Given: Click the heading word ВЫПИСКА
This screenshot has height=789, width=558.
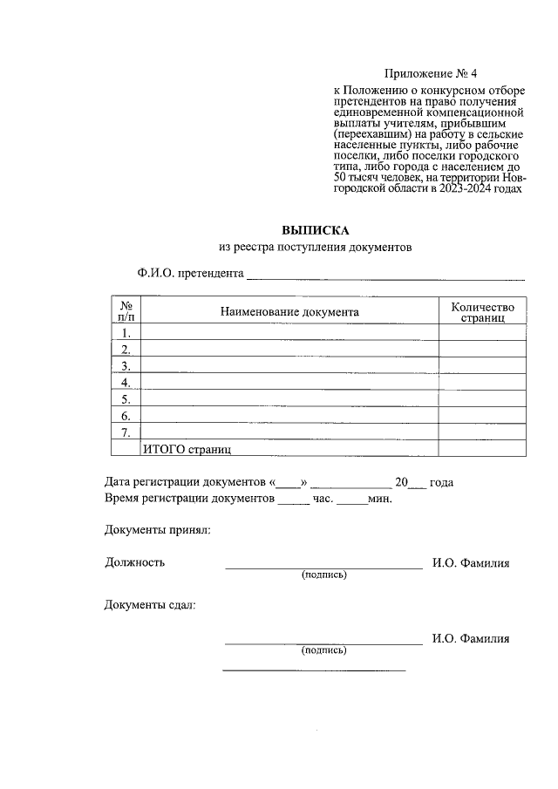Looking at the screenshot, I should (315, 231).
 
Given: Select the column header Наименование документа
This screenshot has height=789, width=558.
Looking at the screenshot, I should (289, 311).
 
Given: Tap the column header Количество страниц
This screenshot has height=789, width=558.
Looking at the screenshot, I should (482, 312).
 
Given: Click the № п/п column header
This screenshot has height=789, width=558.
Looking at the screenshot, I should (126, 312).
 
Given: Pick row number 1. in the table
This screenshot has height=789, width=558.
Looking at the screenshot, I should (126, 333).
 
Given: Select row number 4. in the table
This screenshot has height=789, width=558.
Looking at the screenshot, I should (126, 383).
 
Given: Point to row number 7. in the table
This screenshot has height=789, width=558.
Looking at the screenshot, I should (126, 432).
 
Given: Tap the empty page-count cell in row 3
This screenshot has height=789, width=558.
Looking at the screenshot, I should (482, 366).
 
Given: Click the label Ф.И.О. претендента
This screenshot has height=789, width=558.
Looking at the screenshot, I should (189, 273).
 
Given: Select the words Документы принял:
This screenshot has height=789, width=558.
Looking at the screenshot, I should (157, 530).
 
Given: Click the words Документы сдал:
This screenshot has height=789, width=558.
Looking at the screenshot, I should (150, 605).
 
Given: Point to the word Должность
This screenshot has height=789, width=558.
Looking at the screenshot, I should (134, 562).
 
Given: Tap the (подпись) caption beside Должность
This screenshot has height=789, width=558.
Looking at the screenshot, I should (323, 575).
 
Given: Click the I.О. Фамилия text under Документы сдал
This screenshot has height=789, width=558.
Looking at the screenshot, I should (471, 638).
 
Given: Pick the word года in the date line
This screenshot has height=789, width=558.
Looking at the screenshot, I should (442, 483).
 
